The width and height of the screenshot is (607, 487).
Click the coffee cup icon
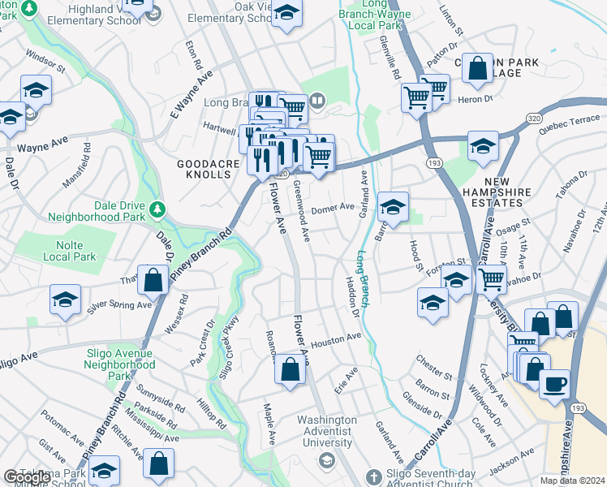click(554, 382)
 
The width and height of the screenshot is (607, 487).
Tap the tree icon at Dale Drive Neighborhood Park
click(157, 210)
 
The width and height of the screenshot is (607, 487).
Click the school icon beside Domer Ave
click(393, 206)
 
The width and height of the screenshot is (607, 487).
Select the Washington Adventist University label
click(327, 431)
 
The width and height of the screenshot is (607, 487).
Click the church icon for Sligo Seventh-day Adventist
click(372, 476)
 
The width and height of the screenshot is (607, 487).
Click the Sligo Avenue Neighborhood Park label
click(120, 364)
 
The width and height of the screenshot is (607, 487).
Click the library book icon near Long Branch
click(317, 101)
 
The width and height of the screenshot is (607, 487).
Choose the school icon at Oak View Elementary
click(286, 13)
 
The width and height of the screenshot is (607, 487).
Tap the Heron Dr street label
click(477, 99)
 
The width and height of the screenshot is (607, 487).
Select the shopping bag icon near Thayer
click(153, 280)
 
